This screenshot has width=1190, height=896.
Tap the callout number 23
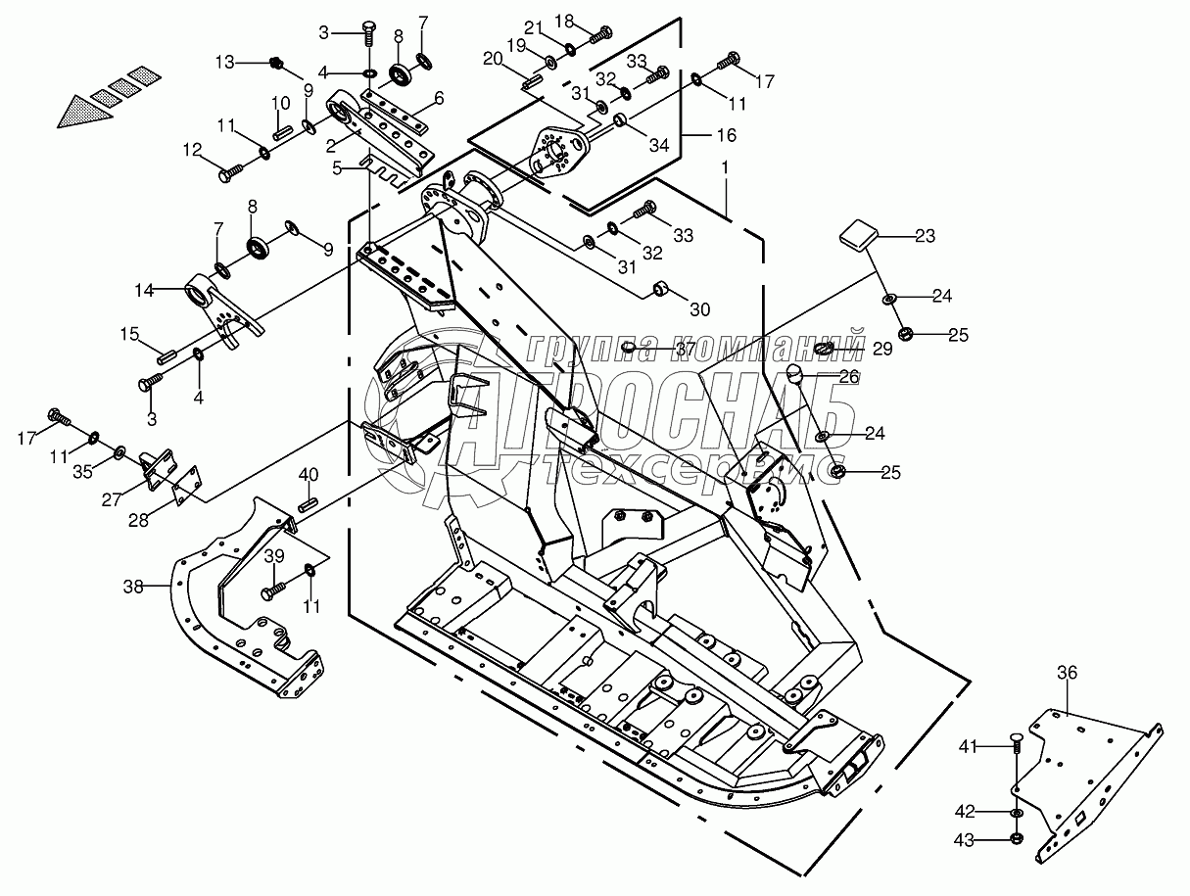924,236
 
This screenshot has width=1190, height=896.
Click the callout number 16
726,134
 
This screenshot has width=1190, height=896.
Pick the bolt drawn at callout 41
1016,747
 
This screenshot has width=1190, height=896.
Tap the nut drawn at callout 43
1017,839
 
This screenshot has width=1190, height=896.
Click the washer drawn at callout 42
1017,812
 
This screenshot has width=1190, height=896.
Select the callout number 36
1067,673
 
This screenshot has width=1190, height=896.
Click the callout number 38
133,587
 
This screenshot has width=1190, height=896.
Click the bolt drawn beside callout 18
599,35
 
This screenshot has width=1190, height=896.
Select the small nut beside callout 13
277,64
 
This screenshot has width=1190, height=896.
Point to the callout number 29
883,349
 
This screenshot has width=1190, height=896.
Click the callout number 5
337,168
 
